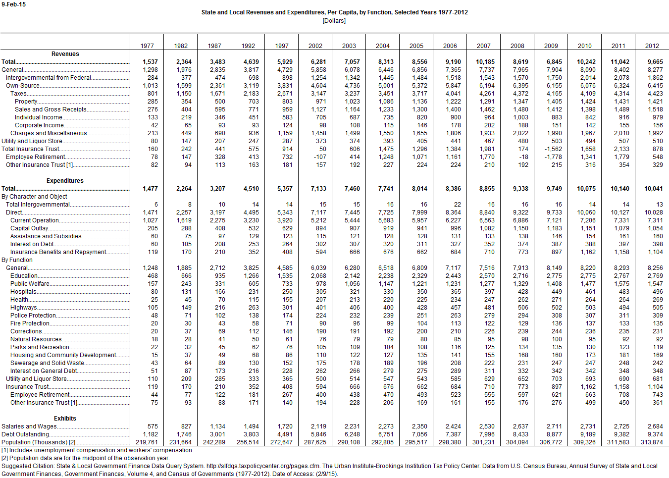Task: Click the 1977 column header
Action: pos(147,46)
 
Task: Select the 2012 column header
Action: pos(652,46)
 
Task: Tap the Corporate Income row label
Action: pos(39,125)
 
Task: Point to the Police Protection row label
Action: pos(33,316)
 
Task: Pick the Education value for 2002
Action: pos(318,276)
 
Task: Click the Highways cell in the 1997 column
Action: pos(287,308)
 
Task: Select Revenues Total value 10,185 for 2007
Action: pos(485,62)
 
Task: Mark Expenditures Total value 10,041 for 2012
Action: pos(653,189)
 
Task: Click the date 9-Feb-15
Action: pos(13,4)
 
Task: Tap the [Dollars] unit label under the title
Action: pos(334,21)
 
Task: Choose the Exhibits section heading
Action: pos(65,419)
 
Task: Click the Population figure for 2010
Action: pos(584,442)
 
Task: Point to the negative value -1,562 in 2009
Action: pos(553,149)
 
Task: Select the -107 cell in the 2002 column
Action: pos(320,157)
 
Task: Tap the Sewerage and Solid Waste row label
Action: pos(47,363)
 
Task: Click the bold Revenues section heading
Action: pos(65,54)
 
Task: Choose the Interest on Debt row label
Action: pos(32,244)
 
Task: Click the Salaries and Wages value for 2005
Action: pos(419,426)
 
